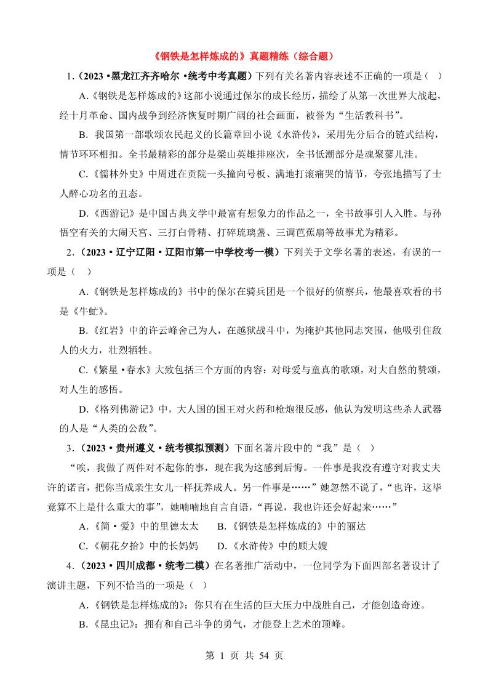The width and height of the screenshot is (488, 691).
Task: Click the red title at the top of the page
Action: pos(243,56)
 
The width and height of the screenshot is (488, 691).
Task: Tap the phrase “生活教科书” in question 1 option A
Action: pos(375,115)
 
